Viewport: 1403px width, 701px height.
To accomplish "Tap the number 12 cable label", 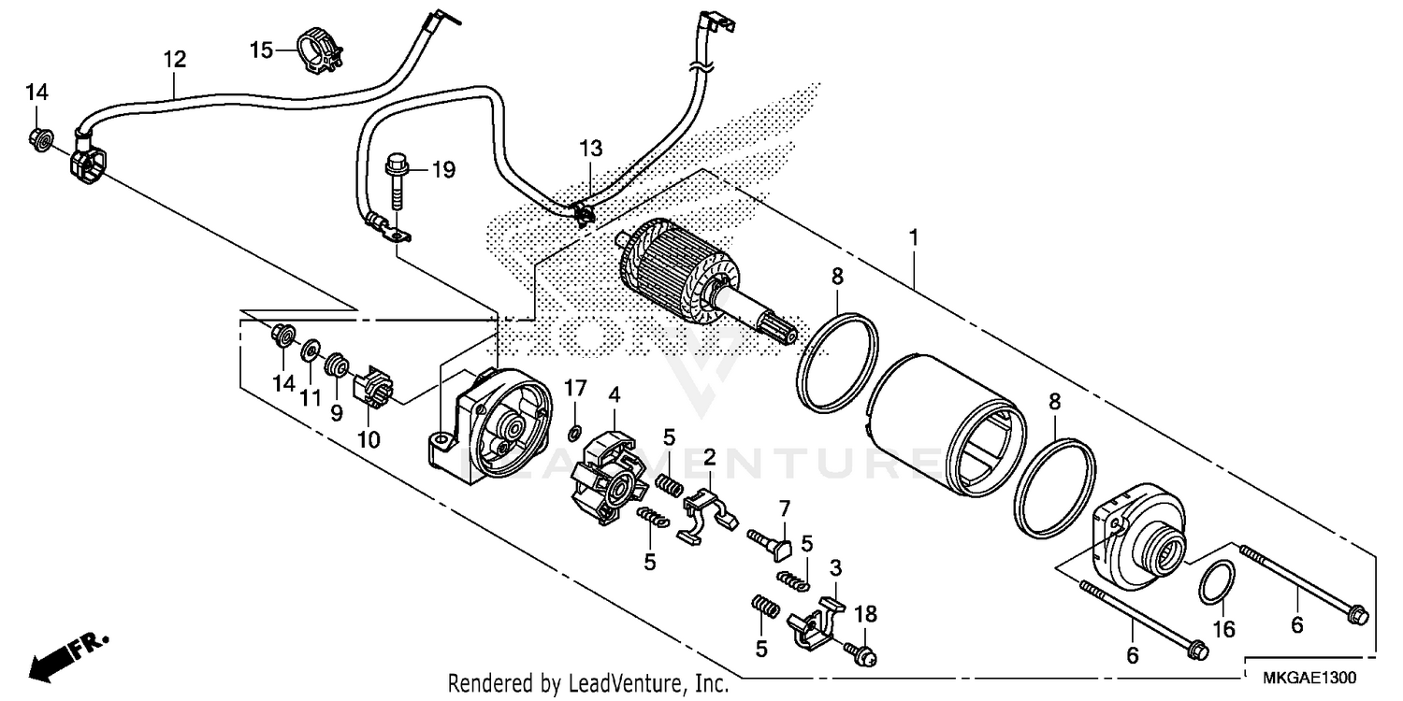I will coord(174,60).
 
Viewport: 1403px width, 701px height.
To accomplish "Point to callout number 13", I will coord(590,149).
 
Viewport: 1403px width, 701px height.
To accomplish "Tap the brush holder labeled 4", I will coord(608,475).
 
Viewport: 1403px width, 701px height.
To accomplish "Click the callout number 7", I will coord(784,509).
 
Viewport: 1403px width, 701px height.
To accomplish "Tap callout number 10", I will coord(368,439).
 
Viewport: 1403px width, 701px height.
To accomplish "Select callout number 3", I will coord(835,566).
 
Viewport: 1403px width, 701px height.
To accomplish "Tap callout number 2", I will coord(709,458).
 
